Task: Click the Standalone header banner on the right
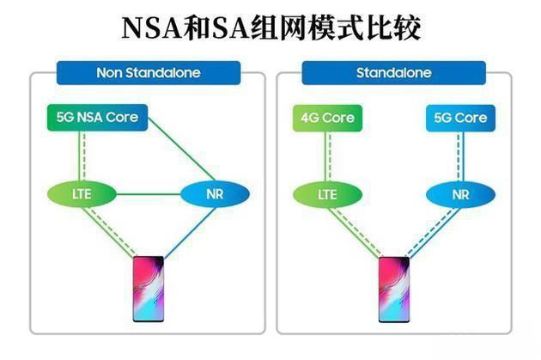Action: [393, 73]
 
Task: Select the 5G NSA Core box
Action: [97, 118]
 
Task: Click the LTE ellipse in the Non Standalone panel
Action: [81, 194]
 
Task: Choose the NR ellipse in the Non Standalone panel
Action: [214, 194]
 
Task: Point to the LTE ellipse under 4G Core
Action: [327, 194]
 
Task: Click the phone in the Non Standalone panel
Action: [149, 288]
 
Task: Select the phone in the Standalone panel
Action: [394, 288]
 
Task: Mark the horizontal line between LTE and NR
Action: [148, 194]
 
